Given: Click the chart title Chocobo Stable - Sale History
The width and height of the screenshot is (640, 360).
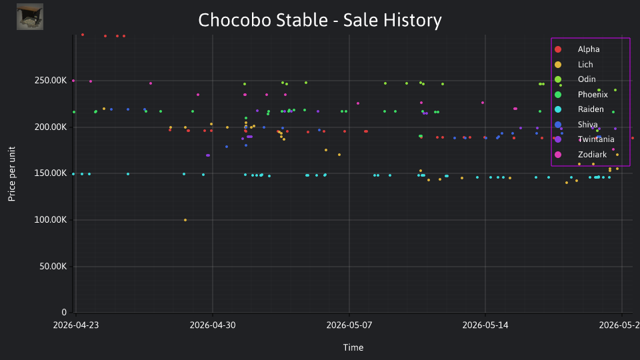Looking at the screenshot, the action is coord(320,20).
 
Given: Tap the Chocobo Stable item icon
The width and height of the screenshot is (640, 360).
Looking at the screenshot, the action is coord(30,17).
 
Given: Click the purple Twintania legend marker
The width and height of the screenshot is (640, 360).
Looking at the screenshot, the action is coord(558,139).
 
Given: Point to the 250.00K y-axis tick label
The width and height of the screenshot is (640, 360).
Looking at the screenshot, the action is coord(51,81).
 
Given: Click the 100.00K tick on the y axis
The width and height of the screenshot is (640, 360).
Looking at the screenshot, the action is coord(51,219).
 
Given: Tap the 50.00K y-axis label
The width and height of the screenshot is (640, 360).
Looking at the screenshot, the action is coord(53,266).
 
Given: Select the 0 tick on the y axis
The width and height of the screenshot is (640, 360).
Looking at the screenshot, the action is coord(64,312).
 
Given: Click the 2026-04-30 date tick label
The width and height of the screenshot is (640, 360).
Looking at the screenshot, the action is coord(213,325).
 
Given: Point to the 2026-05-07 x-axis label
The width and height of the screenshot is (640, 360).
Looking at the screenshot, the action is coord(349,325).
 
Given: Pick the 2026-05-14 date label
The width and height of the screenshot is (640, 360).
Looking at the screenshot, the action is coord(485,325).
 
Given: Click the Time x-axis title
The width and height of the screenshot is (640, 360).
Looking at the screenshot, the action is coord(353,347).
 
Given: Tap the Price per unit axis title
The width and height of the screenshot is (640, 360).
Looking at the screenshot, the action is coord(11,174).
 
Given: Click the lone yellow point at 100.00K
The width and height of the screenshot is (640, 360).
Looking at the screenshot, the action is coord(185,220).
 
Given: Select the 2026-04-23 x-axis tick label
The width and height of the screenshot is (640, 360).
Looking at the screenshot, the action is coord(76,325).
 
